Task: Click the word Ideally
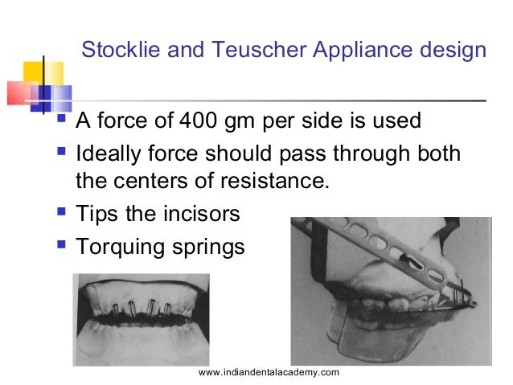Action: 111,152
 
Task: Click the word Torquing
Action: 120,247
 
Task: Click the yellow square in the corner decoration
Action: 41,74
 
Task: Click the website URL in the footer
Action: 269,372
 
